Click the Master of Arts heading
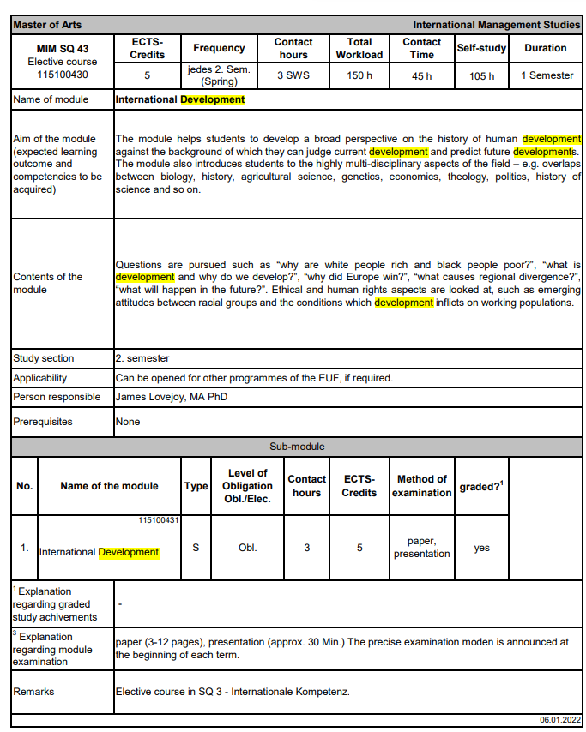(x=48, y=25)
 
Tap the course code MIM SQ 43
(x=62, y=49)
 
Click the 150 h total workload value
(x=359, y=76)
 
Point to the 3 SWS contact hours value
(x=293, y=76)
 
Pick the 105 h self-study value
(x=481, y=76)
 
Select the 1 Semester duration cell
(x=547, y=75)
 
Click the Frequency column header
(x=219, y=48)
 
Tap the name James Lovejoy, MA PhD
(x=172, y=397)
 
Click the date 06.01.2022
(x=560, y=720)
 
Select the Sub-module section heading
(x=297, y=447)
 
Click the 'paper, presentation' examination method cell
(x=421, y=547)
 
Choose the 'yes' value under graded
(x=482, y=548)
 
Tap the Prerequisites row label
(x=43, y=422)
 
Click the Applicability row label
(x=40, y=378)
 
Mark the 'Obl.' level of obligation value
(x=247, y=548)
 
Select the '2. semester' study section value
(x=142, y=358)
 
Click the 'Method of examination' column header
(x=421, y=485)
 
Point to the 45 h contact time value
(x=422, y=76)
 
